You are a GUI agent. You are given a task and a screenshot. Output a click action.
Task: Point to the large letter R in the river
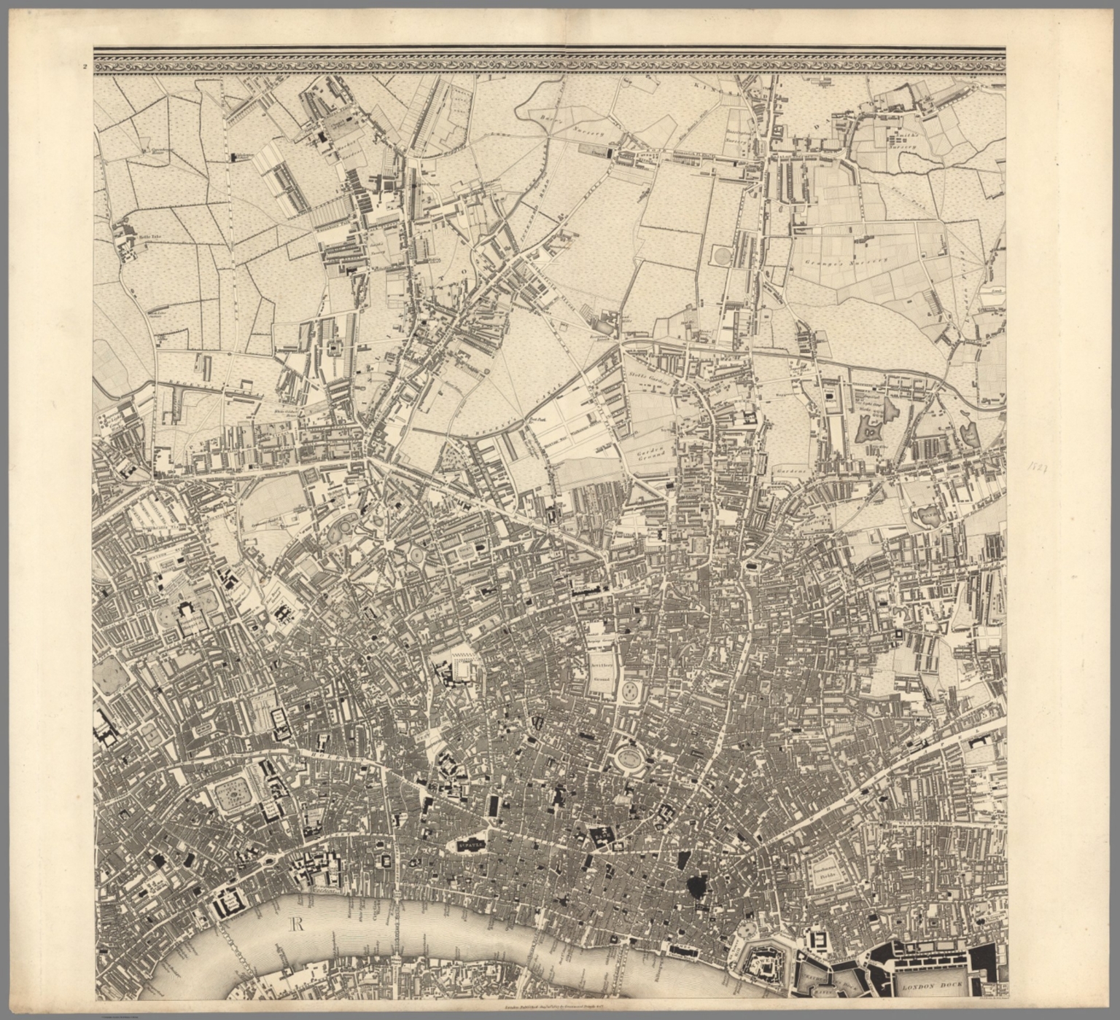[296, 925]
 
